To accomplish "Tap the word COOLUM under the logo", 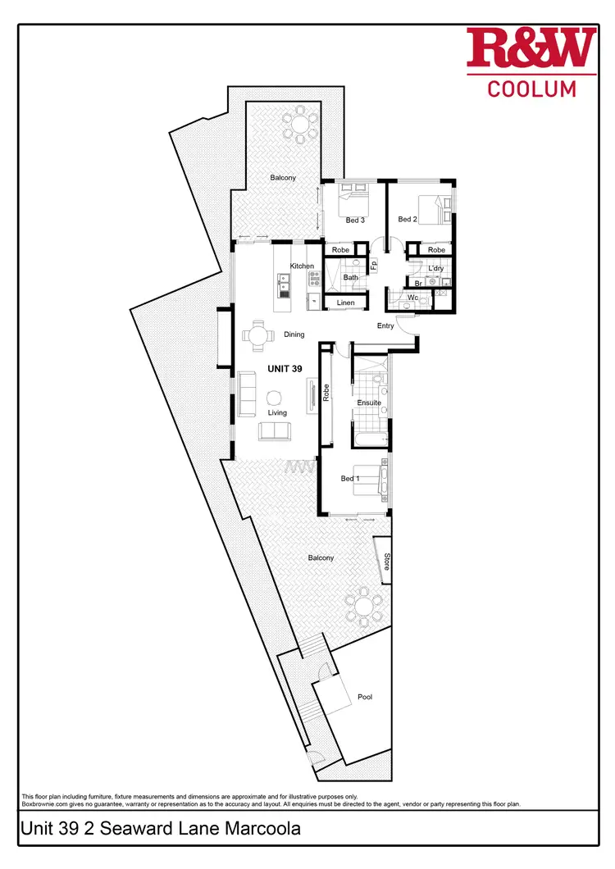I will pos(532,89).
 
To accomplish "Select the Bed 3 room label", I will pos(355,220).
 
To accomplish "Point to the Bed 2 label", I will pos(408,219).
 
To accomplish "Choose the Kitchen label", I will pos(302,266).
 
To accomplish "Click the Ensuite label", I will pos(367,403).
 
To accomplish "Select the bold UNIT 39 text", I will pos(285,369).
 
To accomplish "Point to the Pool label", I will pos(365,697).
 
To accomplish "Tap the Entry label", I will pos(385,325).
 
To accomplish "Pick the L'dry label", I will pos(435,268).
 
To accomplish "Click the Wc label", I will pos(412,298).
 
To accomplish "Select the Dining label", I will pos(294,334).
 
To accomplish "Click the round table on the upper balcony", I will pos(301,125).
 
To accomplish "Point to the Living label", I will pos(277,413).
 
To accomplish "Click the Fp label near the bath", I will pos(374,266).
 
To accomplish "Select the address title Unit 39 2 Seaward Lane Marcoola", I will pos(161,829).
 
